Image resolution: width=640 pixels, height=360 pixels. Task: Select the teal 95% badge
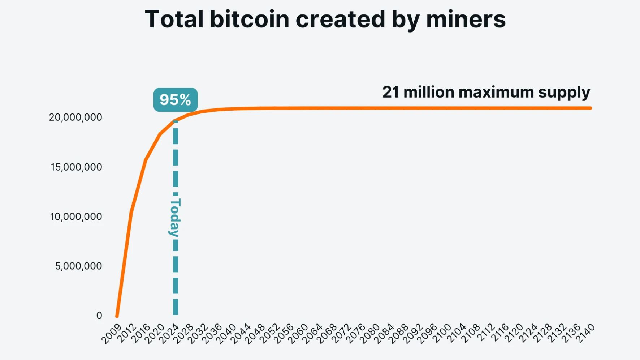tap(176, 100)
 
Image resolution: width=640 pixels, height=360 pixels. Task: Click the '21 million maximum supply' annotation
tap(486, 93)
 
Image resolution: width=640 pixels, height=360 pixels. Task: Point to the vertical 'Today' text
tap(175, 217)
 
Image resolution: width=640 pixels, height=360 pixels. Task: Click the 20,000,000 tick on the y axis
tap(75, 117)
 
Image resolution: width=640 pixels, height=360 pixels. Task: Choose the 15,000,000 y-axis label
tap(76, 167)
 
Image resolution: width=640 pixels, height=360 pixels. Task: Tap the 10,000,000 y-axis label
tap(76, 217)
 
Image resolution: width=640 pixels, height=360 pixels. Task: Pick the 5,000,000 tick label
tap(78, 266)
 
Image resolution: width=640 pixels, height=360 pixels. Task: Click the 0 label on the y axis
tap(99, 316)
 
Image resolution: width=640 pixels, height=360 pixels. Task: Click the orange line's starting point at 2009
tap(117, 316)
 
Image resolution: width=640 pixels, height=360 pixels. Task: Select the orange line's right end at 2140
tap(590, 108)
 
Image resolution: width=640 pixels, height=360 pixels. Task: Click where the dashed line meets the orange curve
tap(176, 121)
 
